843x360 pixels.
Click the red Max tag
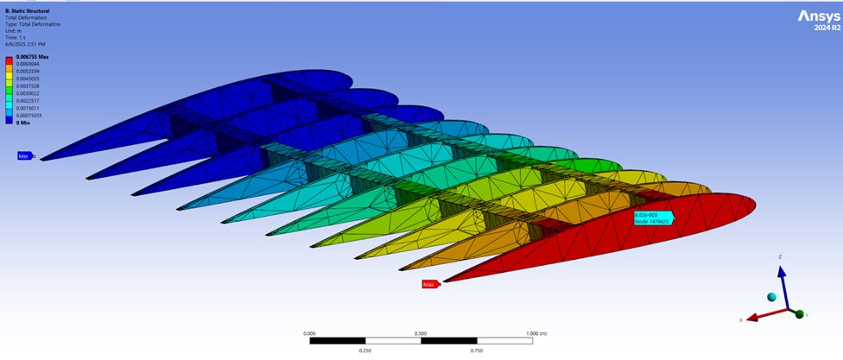(x=428, y=284)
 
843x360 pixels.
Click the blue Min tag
(x=24, y=156)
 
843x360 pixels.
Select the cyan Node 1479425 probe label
(x=653, y=218)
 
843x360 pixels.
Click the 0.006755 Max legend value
(x=32, y=56)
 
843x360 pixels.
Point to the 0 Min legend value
(x=23, y=123)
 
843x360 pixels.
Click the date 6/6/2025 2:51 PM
(x=26, y=43)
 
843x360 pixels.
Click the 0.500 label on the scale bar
(x=421, y=332)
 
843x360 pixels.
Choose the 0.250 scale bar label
(x=364, y=351)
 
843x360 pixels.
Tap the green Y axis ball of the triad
(x=800, y=313)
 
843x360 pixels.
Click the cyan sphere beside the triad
(x=771, y=297)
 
